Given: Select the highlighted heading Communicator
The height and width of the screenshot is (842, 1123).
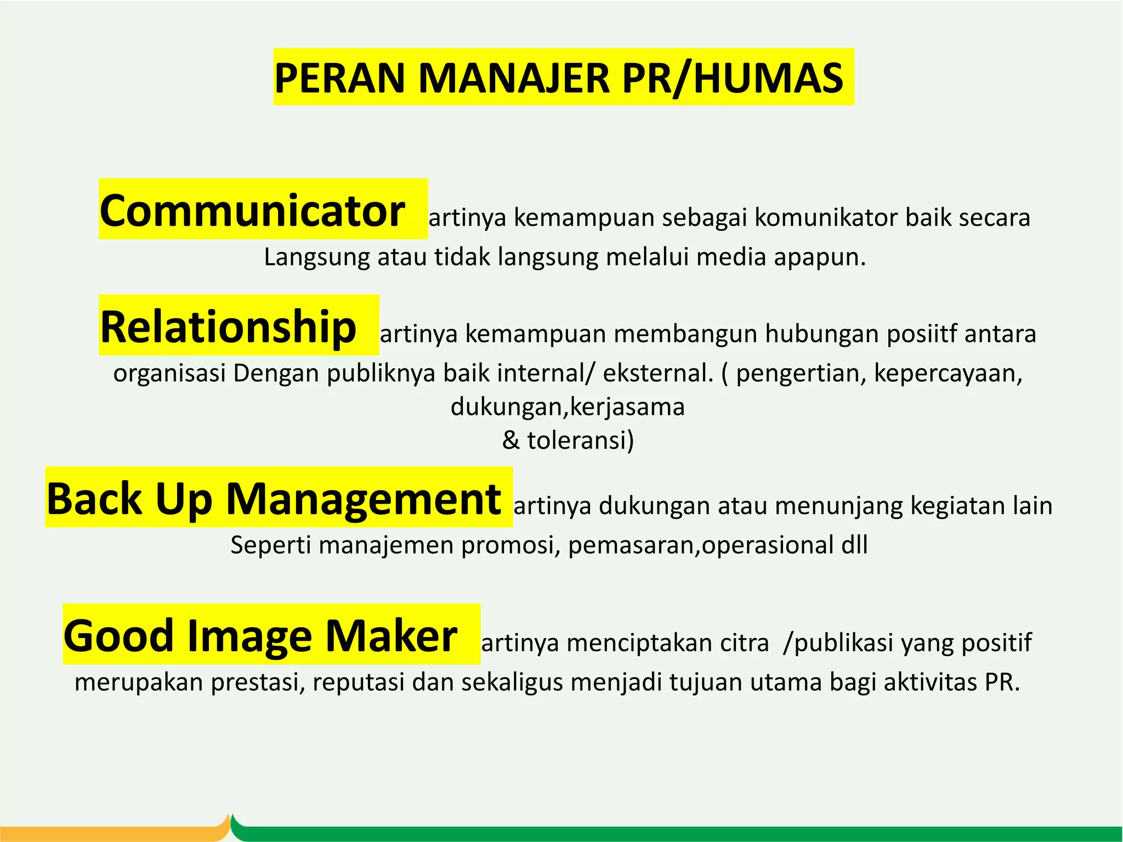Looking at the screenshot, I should [252, 210].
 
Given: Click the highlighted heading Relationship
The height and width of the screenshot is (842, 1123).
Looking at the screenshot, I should [229, 327].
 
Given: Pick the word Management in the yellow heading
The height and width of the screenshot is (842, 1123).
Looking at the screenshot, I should [364, 499].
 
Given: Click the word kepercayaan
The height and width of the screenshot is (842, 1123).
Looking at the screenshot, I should [948, 373].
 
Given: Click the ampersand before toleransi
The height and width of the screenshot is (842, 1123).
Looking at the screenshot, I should [511, 440].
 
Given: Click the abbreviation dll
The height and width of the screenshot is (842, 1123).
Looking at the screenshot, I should [854, 545].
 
